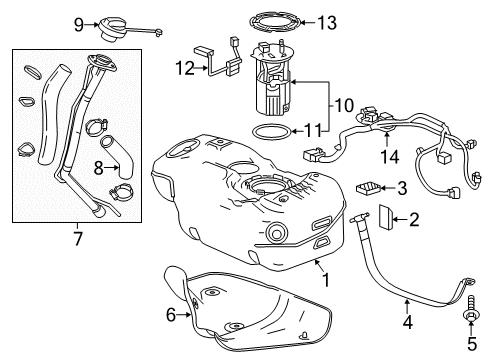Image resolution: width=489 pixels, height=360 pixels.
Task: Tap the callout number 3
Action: [402, 187]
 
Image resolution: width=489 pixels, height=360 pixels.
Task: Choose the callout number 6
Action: [171, 315]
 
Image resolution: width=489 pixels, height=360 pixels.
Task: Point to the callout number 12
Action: [182, 68]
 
